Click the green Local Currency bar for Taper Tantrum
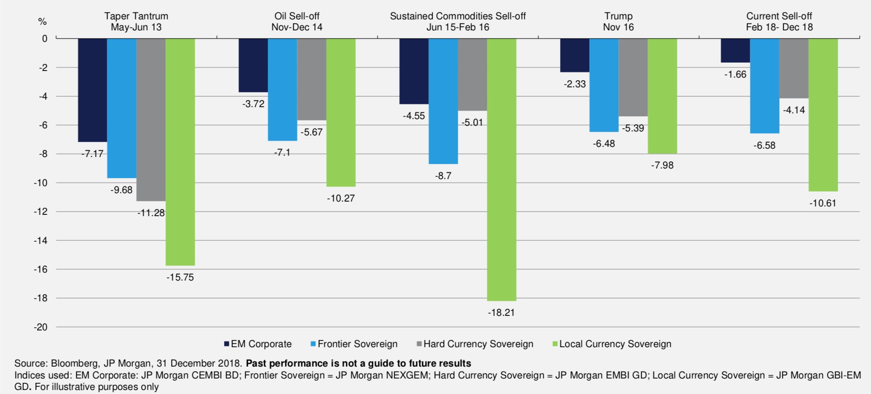180,152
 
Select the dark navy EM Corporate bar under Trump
574,55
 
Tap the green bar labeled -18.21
501,169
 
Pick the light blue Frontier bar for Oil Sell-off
282,90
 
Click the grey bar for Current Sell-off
793,68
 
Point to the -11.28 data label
151,213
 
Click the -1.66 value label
735,75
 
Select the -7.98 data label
662,165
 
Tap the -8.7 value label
443,176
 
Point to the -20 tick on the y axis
41,327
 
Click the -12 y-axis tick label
41,212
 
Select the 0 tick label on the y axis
45,39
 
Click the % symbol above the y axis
42,22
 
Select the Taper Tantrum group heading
136,22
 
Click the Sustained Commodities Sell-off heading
458,22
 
